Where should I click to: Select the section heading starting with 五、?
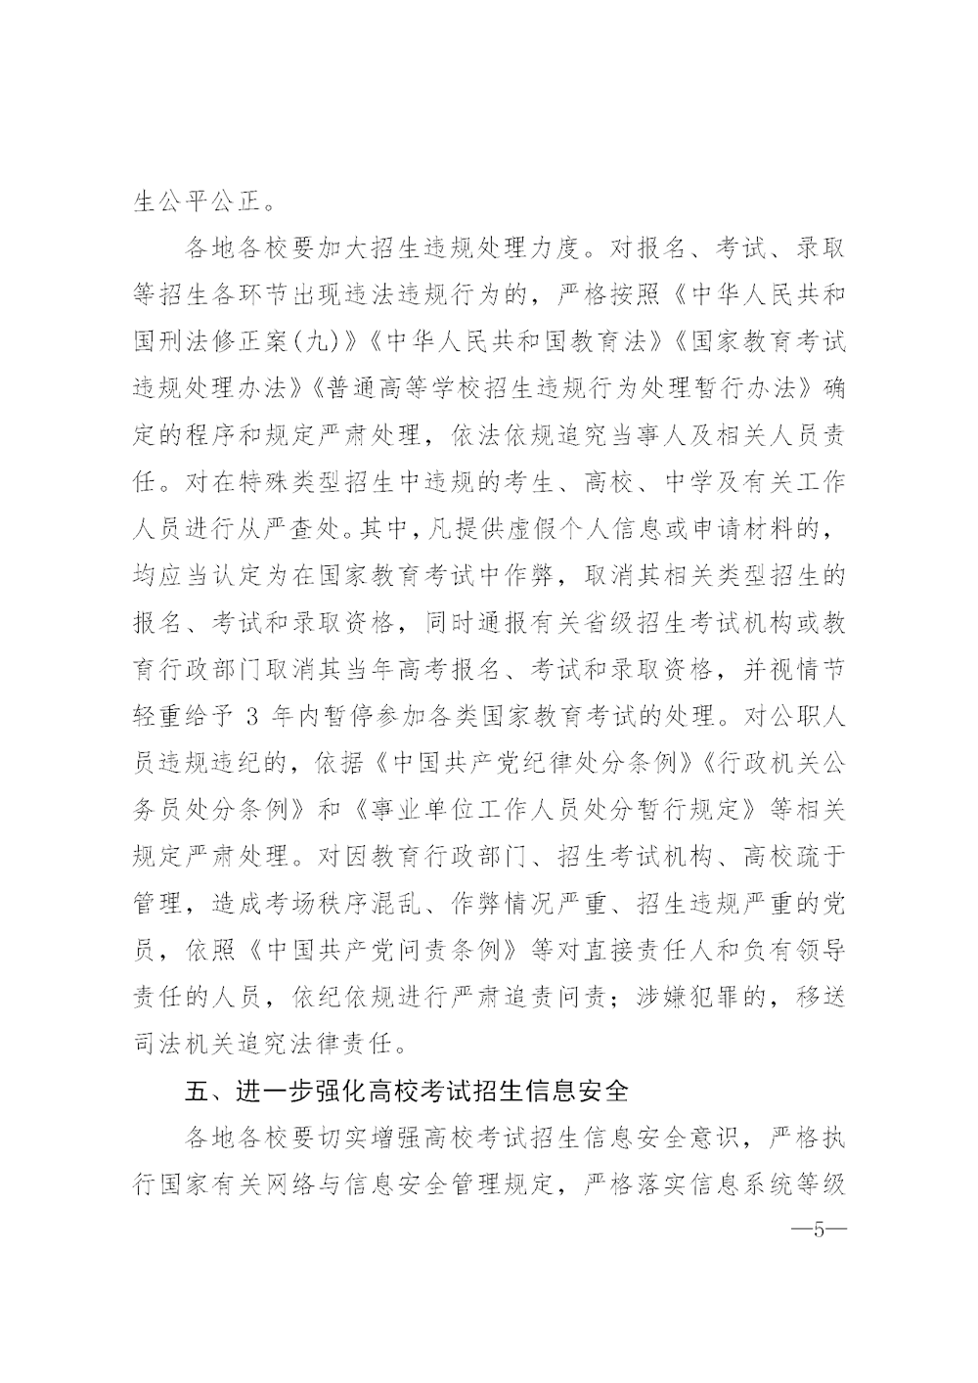(x=407, y=1090)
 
